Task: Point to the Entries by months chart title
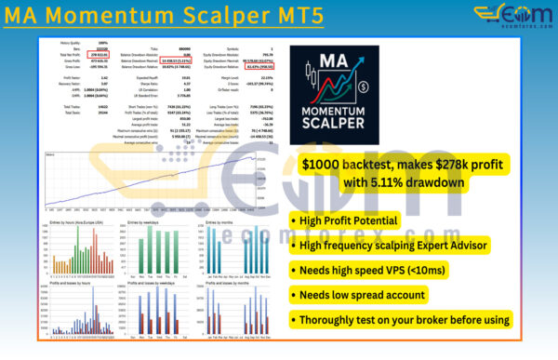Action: pos(219,223)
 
